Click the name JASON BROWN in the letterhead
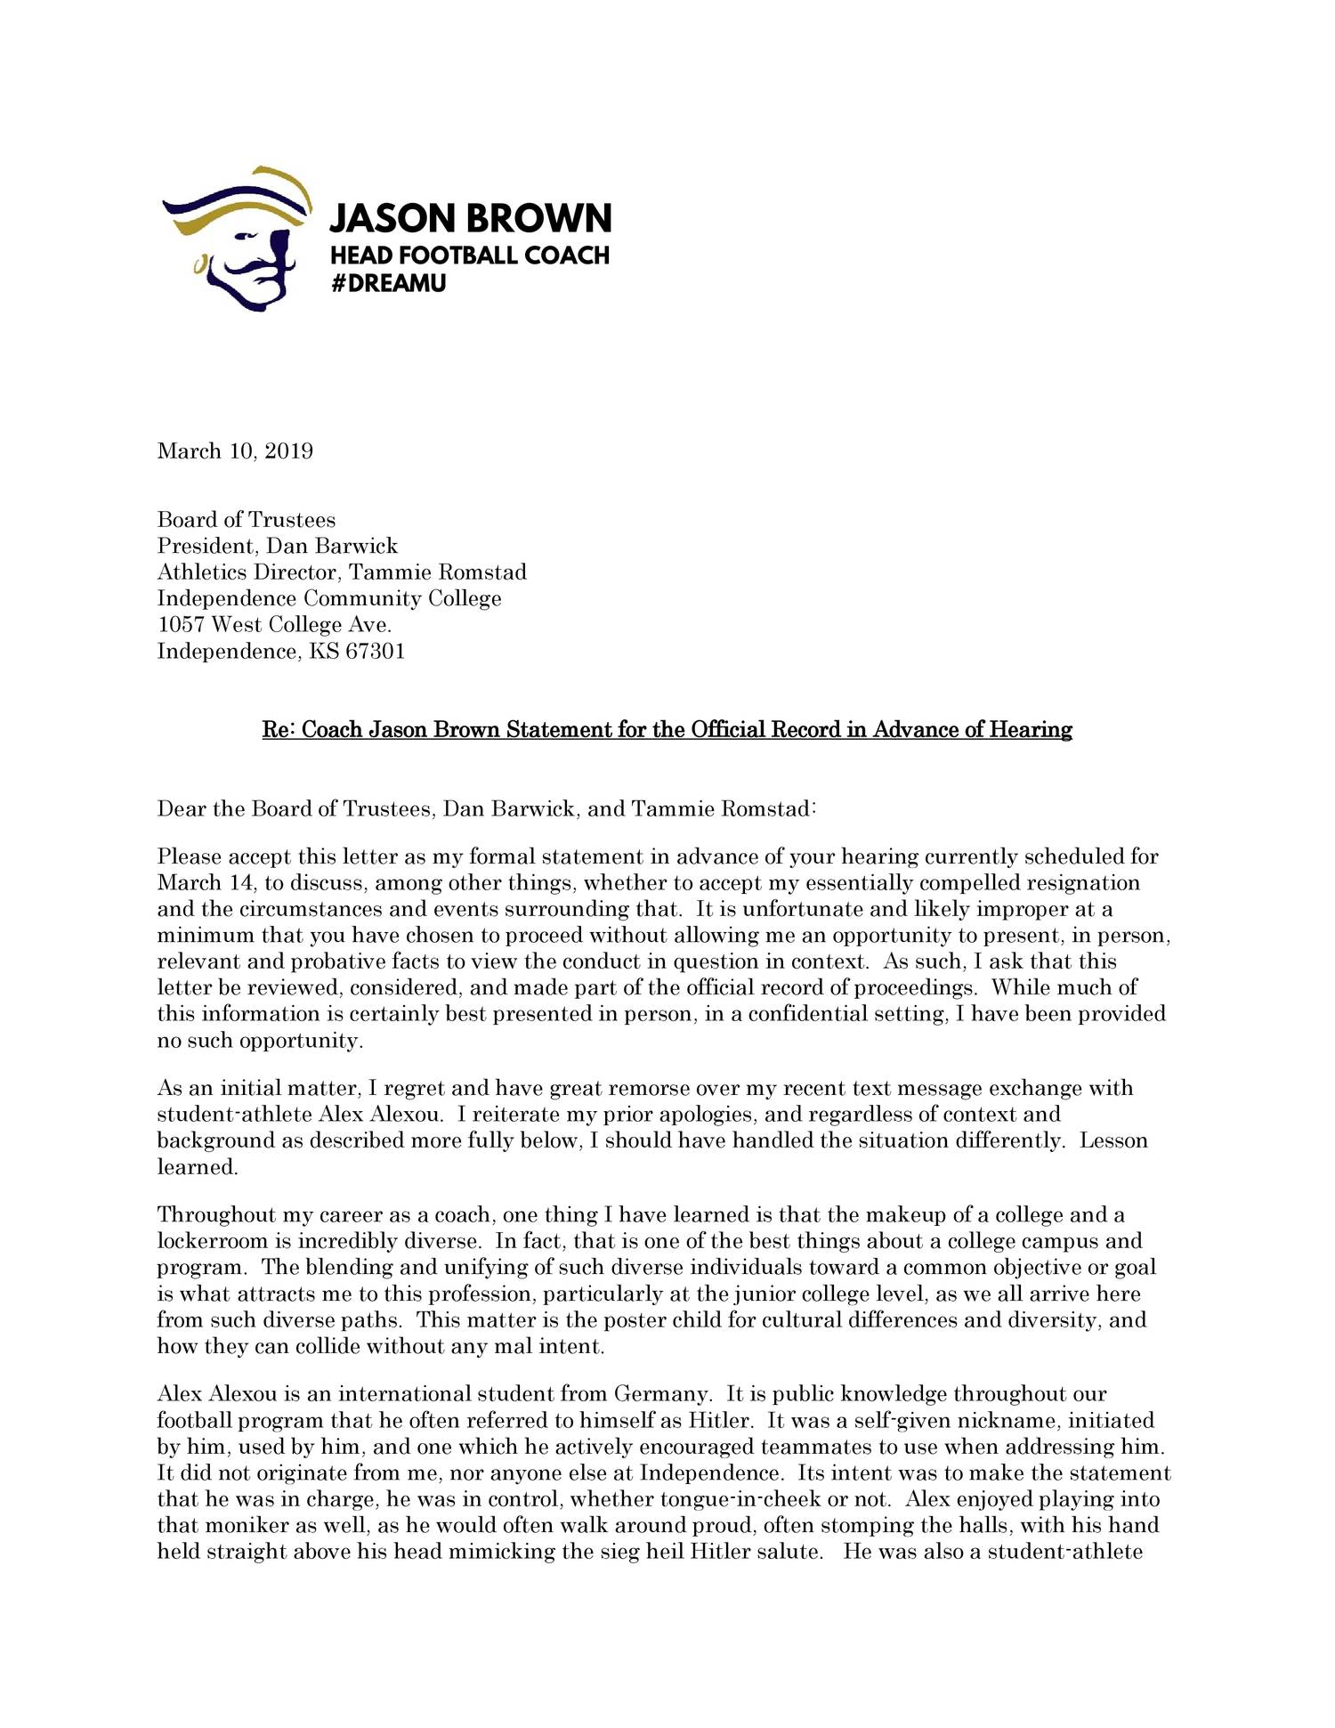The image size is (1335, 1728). pos(470,218)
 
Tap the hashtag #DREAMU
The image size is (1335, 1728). pos(388,284)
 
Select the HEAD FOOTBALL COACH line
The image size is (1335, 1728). pos(470,256)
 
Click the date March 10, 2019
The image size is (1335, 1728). pos(235,450)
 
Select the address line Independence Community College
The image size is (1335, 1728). pos(329,598)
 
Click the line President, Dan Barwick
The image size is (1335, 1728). pos(278,546)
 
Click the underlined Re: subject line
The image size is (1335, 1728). pos(667,730)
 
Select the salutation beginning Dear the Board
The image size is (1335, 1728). pos(486,808)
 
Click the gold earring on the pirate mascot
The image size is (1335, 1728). pos(199,264)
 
